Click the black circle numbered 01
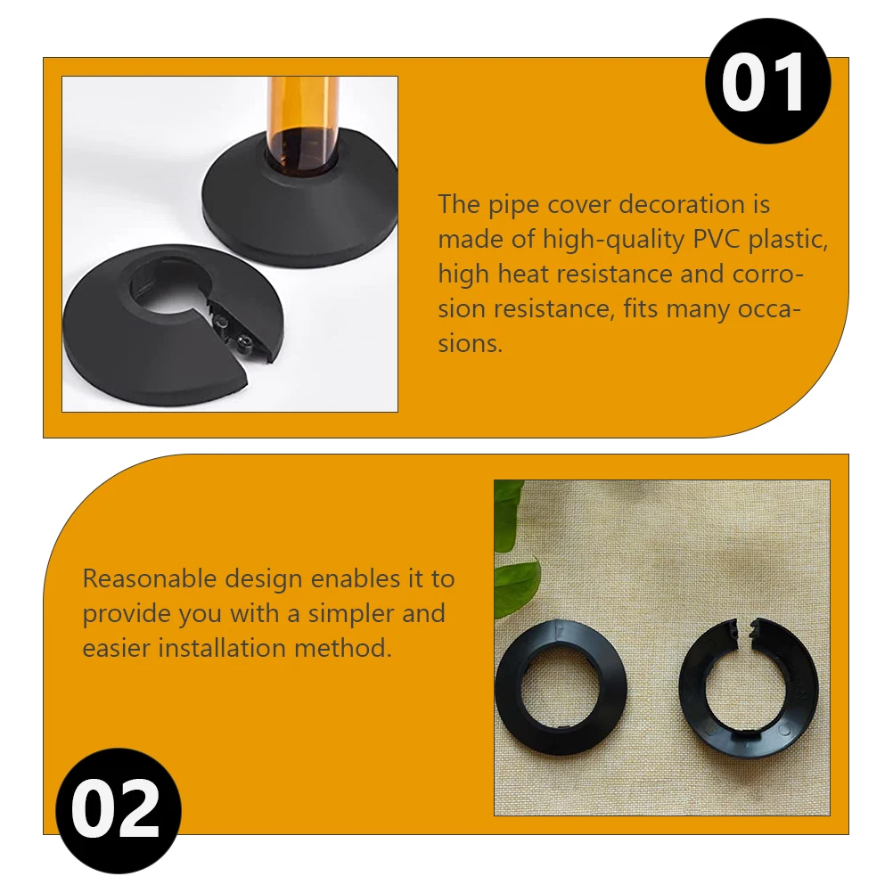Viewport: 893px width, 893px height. tap(767, 81)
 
